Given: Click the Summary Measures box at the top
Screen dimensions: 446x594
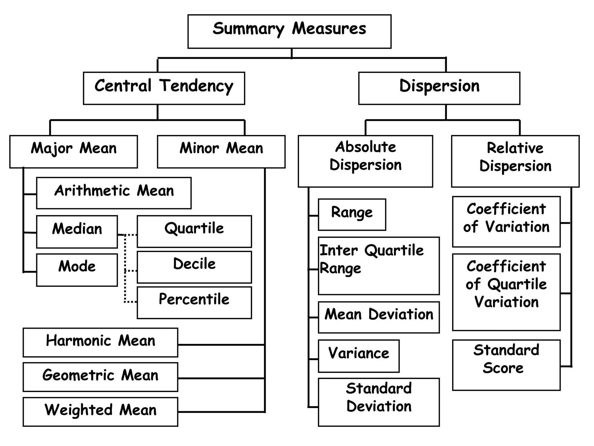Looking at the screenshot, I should pyautogui.click(x=289, y=31).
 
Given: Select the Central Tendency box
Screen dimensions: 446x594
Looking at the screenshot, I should pyautogui.click(x=164, y=88).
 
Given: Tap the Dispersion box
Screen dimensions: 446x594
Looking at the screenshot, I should pyautogui.click(x=439, y=88).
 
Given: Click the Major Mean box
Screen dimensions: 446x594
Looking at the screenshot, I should pyautogui.click(x=73, y=152).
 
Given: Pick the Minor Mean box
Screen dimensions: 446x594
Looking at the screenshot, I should pyautogui.click(x=221, y=152).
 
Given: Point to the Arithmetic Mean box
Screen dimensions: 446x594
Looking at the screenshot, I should pyautogui.click(x=114, y=193).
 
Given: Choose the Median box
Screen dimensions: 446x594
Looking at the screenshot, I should pyautogui.click(x=77, y=232).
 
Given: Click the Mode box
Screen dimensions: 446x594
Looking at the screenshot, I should pyautogui.click(x=77, y=270).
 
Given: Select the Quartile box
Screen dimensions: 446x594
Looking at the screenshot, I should pyautogui.click(x=194, y=231).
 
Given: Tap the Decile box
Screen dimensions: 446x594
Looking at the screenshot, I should pyautogui.click(x=194, y=267).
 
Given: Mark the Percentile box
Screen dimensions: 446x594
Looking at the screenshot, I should pyautogui.click(x=194, y=303).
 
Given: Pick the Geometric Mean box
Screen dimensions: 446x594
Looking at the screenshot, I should pyautogui.click(x=100, y=377).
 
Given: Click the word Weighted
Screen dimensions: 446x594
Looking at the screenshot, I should pyautogui.click(x=78, y=410).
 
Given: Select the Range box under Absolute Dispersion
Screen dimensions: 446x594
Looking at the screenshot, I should pyautogui.click(x=352, y=215).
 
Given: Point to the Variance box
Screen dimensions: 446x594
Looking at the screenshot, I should pyautogui.click(x=358, y=356).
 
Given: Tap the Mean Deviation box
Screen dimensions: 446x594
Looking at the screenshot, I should pyautogui.click(x=379, y=317).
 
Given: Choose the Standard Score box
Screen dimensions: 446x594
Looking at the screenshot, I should pyautogui.click(x=506, y=365).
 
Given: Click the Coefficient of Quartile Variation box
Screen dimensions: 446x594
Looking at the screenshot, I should pyautogui.click(x=506, y=292).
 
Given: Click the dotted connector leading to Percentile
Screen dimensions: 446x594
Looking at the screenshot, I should pyautogui.click(x=131, y=302).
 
